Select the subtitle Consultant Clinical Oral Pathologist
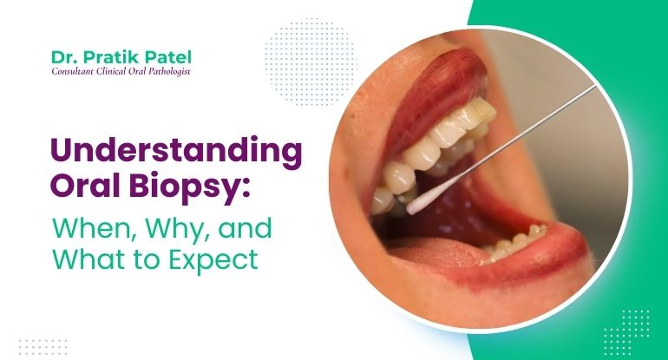point(121,71)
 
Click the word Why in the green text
point(172,228)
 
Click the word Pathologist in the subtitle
point(167,71)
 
